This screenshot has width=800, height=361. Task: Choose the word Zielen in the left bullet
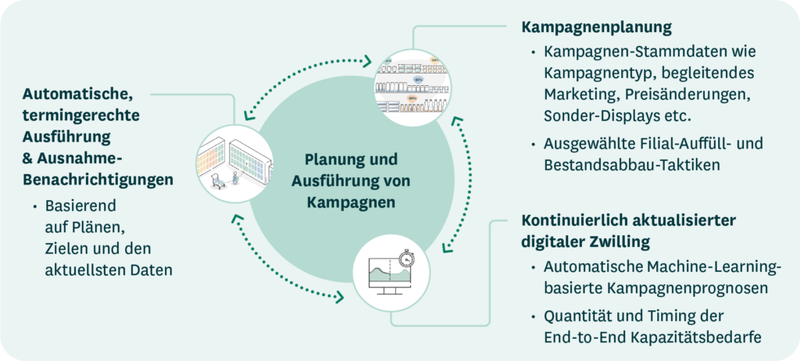pos(65,249)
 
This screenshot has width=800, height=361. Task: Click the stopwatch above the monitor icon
pos(405,257)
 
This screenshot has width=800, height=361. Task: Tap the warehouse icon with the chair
pos(234,162)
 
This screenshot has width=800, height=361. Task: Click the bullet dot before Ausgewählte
pos(533,145)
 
